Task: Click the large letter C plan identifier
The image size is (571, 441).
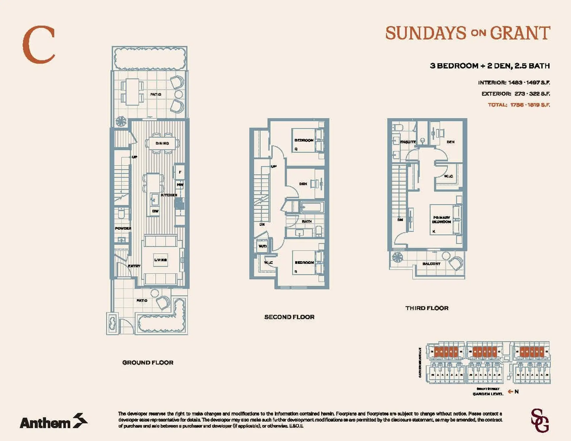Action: (x=39, y=45)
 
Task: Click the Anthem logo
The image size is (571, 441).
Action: (x=54, y=421)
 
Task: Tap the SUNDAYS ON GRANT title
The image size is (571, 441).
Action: (x=468, y=33)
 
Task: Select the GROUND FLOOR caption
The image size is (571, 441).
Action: (x=148, y=363)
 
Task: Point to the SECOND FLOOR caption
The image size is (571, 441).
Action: (x=289, y=317)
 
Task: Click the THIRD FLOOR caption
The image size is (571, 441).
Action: (x=427, y=308)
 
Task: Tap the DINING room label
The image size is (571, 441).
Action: (x=162, y=143)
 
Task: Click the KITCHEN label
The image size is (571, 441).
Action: (x=169, y=195)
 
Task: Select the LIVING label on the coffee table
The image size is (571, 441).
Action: (x=160, y=260)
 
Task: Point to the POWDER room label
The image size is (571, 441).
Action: (x=123, y=228)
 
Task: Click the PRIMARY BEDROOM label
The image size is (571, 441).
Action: (x=442, y=220)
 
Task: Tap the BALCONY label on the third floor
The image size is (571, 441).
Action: (x=431, y=264)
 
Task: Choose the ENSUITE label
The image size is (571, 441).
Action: (x=408, y=142)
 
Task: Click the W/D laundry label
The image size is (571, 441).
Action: (x=262, y=246)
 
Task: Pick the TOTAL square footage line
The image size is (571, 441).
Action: (x=519, y=105)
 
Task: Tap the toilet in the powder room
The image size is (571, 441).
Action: (x=121, y=213)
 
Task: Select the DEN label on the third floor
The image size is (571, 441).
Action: (x=450, y=142)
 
